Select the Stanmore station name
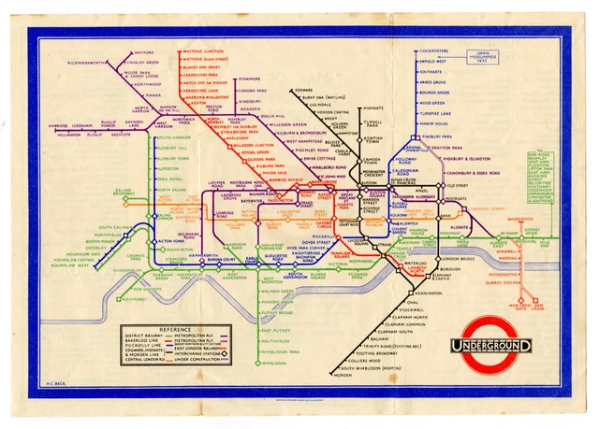point(250,79)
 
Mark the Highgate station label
point(373,107)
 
